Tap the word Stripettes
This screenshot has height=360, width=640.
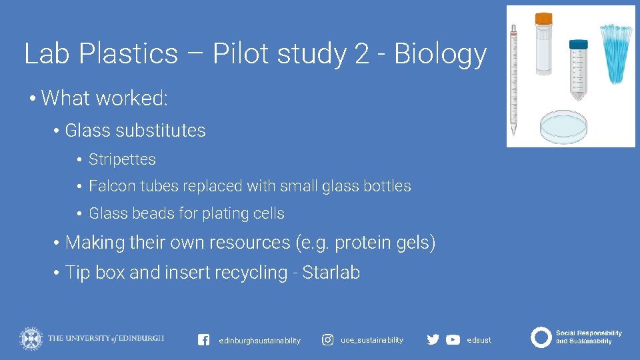click(x=122, y=160)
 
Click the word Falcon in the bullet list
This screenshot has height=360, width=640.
click(x=111, y=186)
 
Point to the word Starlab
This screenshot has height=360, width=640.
click(x=331, y=273)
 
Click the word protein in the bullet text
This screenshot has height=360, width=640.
click(x=366, y=243)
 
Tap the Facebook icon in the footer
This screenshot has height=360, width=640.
click(x=204, y=339)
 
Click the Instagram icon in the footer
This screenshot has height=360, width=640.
click(x=327, y=340)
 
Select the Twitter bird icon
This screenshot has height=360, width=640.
click(x=433, y=339)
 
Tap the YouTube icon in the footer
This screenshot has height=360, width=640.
click(x=453, y=339)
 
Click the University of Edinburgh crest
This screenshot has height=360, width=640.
click(x=31, y=338)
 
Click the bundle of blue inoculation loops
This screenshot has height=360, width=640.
click(x=616, y=53)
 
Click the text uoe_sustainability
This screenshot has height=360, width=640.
click(x=372, y=340)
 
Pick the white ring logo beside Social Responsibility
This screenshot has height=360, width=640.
click(x=541, y=337)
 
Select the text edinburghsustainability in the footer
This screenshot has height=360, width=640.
click(x=259, y=341)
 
